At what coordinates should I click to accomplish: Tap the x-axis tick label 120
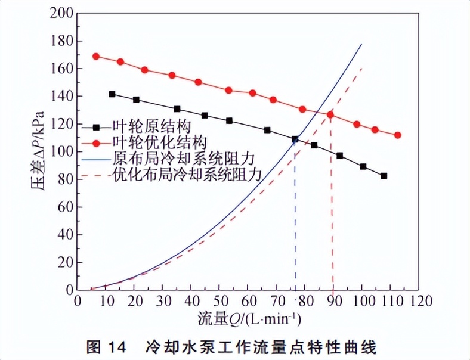point(418,300)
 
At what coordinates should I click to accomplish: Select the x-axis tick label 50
point(219,300)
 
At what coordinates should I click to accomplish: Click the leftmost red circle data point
point(96,57)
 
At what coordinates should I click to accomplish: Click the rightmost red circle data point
point(398,135)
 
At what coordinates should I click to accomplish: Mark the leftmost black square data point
point(112,94)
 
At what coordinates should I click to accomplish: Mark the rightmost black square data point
point(384,176)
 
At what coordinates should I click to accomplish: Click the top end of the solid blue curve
point(361,44)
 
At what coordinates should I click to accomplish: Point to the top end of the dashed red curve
point(361,69)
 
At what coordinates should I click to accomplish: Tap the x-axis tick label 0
point(77,300)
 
